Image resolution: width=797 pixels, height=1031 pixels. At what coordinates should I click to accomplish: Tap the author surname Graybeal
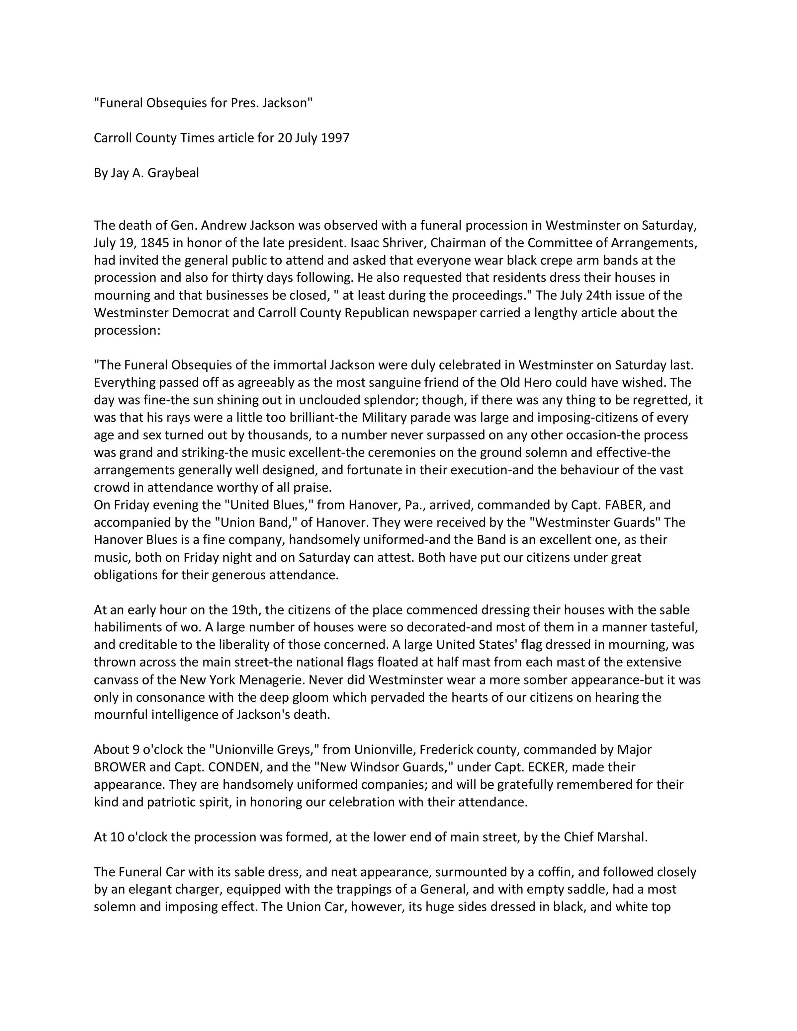pos(173,173)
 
